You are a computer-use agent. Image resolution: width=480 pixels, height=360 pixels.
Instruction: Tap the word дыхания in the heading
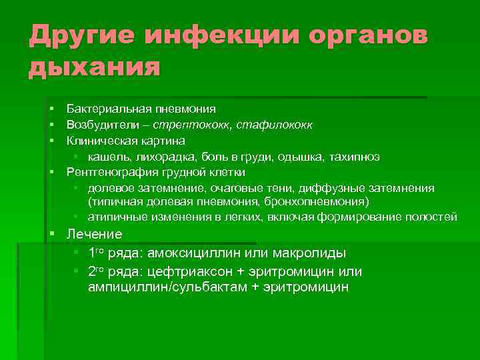coord(94,68)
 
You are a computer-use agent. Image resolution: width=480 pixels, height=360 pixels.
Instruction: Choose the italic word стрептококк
coord(187,124)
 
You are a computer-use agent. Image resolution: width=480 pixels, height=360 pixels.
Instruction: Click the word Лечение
coord(95,234)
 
